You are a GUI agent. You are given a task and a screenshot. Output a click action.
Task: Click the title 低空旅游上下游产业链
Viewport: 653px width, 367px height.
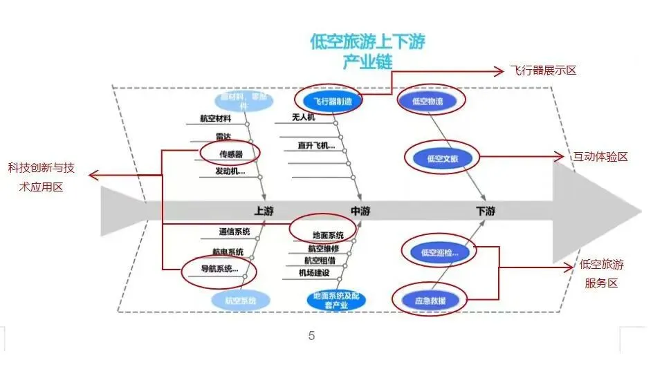[x=367, y=50]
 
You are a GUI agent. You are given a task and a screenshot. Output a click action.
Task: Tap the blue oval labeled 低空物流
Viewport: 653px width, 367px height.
[x=431, y=101]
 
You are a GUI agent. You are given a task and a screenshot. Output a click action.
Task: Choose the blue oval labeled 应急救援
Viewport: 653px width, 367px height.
[x=430, y=301]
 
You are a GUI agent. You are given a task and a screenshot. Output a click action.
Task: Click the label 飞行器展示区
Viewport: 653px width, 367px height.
[x=543, y=70]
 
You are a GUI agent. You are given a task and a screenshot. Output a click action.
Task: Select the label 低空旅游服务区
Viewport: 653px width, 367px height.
[x=602, y=274]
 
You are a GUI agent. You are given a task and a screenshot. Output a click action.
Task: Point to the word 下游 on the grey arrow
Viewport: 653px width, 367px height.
[x=485, y=211]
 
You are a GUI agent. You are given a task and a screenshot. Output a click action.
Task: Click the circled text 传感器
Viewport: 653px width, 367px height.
[x=230, y=153]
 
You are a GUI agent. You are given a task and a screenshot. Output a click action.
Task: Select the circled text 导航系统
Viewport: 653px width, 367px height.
[x=219, y=269]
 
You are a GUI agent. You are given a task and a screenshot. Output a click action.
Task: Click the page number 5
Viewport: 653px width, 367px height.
[x=311, y=337]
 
